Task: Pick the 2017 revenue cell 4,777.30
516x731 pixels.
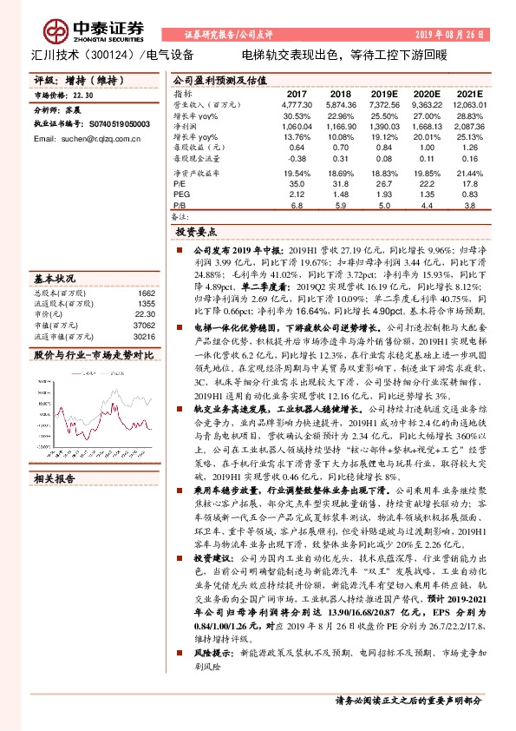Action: (297, 103)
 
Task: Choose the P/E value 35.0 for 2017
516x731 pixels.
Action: (297, 184)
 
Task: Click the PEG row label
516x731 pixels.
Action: (180, 195)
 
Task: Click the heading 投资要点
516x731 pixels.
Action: (197, 233)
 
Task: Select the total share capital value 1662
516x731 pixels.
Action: (146, 293)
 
